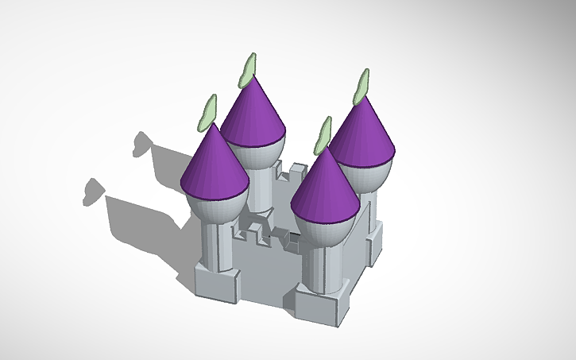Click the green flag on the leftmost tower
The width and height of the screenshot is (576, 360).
208,114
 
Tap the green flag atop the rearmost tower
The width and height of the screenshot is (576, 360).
249,70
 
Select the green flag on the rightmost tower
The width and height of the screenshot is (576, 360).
362,86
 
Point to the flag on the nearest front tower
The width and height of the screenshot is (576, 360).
322,135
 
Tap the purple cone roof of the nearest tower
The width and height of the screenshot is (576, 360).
325,187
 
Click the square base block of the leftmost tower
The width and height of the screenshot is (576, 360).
217,282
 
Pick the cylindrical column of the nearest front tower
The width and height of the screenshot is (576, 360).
325,270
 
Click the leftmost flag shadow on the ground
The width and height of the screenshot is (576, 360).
94,192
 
